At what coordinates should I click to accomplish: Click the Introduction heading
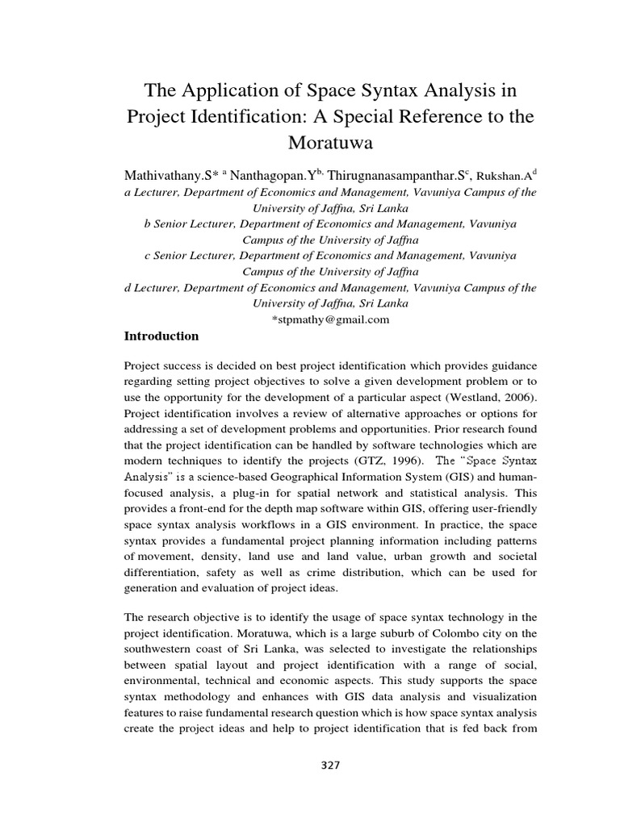[161, 336]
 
